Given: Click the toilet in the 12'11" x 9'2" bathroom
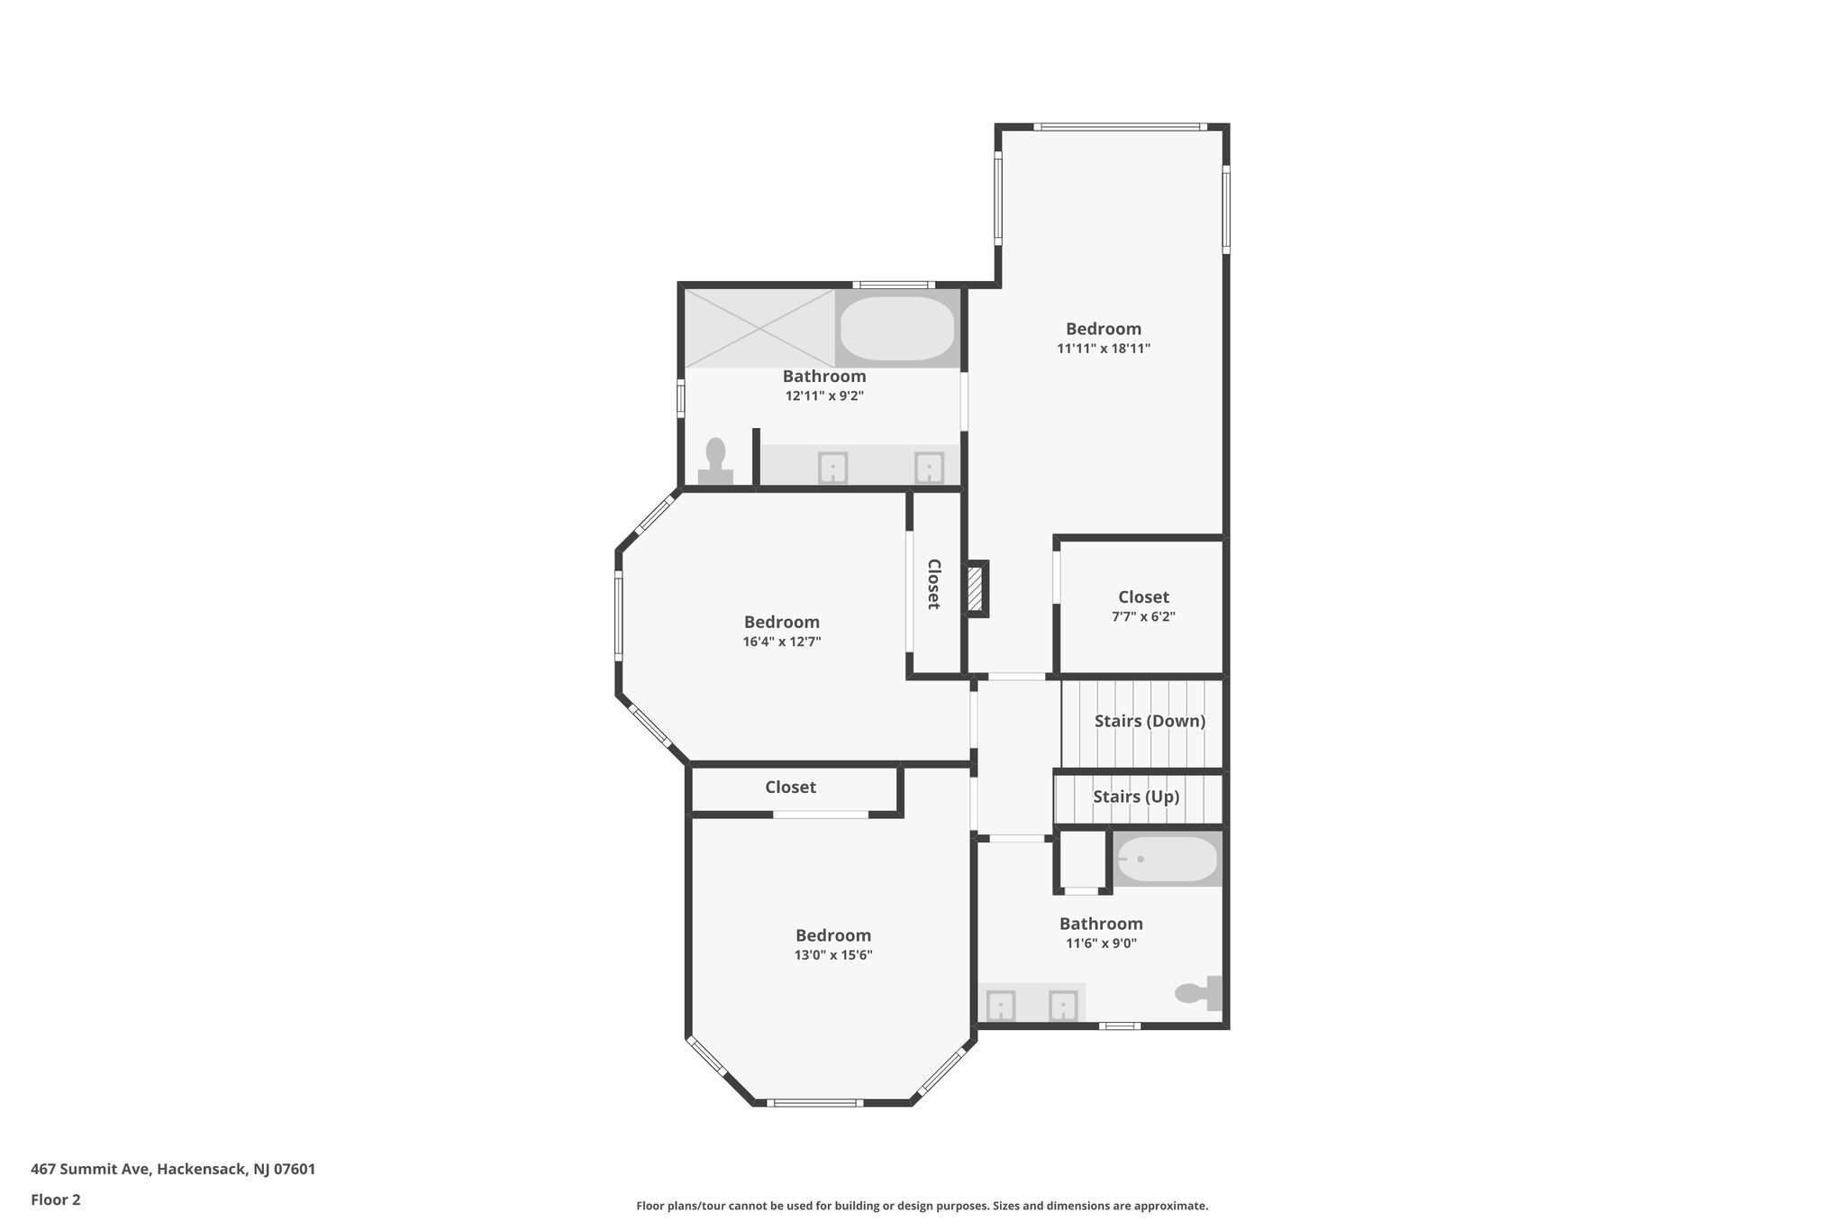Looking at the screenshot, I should (716, 462).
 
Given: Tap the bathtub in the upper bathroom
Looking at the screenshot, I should (897, 328).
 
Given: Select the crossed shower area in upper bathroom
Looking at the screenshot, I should (759, 328).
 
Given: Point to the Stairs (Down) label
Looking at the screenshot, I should (1150, 721).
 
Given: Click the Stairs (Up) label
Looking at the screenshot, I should (1136, 797).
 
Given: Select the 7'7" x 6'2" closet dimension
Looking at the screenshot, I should (1143, 617).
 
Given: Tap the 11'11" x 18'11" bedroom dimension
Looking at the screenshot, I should (1104, 349).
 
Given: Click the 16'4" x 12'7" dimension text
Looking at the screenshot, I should (781, 642).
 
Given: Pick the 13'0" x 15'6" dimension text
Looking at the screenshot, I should (833, 955).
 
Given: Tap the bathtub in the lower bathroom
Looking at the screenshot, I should (1168, 860).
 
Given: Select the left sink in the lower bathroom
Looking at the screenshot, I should (1000, 1005).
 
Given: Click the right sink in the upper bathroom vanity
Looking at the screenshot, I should (929, 469).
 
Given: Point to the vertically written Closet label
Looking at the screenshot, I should (934, 584).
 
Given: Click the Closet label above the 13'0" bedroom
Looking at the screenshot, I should (790, 788).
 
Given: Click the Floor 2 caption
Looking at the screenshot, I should (56, 1199).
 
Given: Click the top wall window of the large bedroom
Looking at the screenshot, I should (1117, 127).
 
